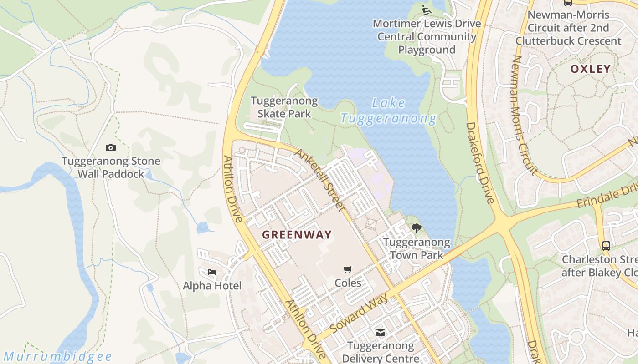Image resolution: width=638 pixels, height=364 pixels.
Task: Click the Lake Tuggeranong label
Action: (x=388, y=111)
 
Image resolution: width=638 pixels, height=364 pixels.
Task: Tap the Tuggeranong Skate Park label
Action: (x=284, y=107)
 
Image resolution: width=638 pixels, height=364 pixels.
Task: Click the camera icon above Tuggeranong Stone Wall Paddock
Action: (x=111, y=147)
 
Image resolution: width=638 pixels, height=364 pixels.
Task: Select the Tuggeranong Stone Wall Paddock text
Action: (x=111, y=167)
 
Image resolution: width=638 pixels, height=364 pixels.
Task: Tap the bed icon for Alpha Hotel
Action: (x=211, y=272)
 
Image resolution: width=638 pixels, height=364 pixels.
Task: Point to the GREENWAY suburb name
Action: (x=297, y=235)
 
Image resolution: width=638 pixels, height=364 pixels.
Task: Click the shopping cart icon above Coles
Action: (x=348, y=269)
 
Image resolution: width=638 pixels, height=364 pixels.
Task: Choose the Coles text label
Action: (x=348, y=283)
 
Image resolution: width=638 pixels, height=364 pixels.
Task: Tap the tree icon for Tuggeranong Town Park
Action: (x=416, y=228)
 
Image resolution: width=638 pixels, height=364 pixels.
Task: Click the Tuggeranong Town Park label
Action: (x=416, y=248)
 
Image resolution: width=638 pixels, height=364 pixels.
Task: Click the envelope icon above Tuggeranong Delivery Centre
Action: (x=380, y=333)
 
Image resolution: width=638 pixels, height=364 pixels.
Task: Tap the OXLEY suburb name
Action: (x=590, y=69)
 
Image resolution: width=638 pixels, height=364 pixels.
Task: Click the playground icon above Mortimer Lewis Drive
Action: (x=426, y=10)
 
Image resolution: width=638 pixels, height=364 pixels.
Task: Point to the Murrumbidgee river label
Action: (x=57, y=356)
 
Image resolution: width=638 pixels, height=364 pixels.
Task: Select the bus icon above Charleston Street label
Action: (x=606, y=246)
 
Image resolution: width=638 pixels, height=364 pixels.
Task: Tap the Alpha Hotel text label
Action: (x=212, y=286)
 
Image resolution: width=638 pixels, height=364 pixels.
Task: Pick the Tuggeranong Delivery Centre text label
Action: (x=381, y=352)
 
